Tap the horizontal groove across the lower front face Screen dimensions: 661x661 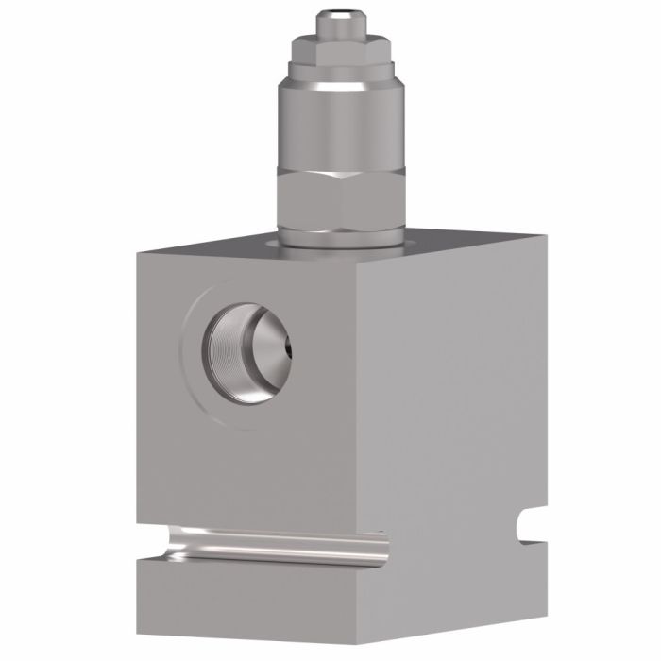pos(274,546)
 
